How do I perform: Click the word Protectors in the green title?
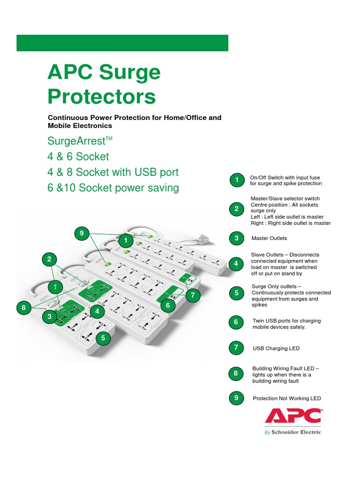[101, 97]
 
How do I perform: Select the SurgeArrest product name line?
[80, 141]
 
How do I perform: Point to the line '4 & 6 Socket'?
[78, 157]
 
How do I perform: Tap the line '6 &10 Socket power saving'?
[113, 188]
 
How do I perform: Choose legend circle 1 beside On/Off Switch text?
[237, 180]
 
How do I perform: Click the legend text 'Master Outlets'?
[269, 238]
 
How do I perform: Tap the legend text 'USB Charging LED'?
[276, 349]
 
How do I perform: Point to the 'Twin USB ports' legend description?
[286, 324]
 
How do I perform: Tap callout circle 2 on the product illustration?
[49, 259]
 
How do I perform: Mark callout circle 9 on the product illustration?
[82, 233]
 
